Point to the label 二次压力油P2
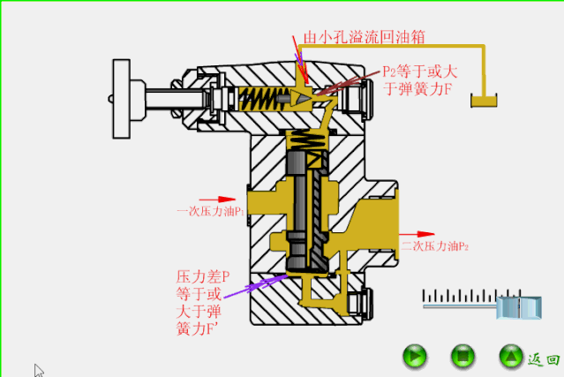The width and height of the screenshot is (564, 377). (x=434, y=246)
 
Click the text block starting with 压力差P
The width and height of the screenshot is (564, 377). (x=202, y=302)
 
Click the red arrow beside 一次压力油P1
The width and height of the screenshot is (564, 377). (x=218, y=199)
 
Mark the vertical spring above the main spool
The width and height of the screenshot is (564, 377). (x=308, y=140)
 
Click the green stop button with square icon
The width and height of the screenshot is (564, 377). (x=462, y=358)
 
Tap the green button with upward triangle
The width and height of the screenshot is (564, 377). (x=509, y=358)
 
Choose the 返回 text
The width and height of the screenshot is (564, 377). (x=544, y=359)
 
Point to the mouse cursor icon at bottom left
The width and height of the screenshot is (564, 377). (x=39, y=371)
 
